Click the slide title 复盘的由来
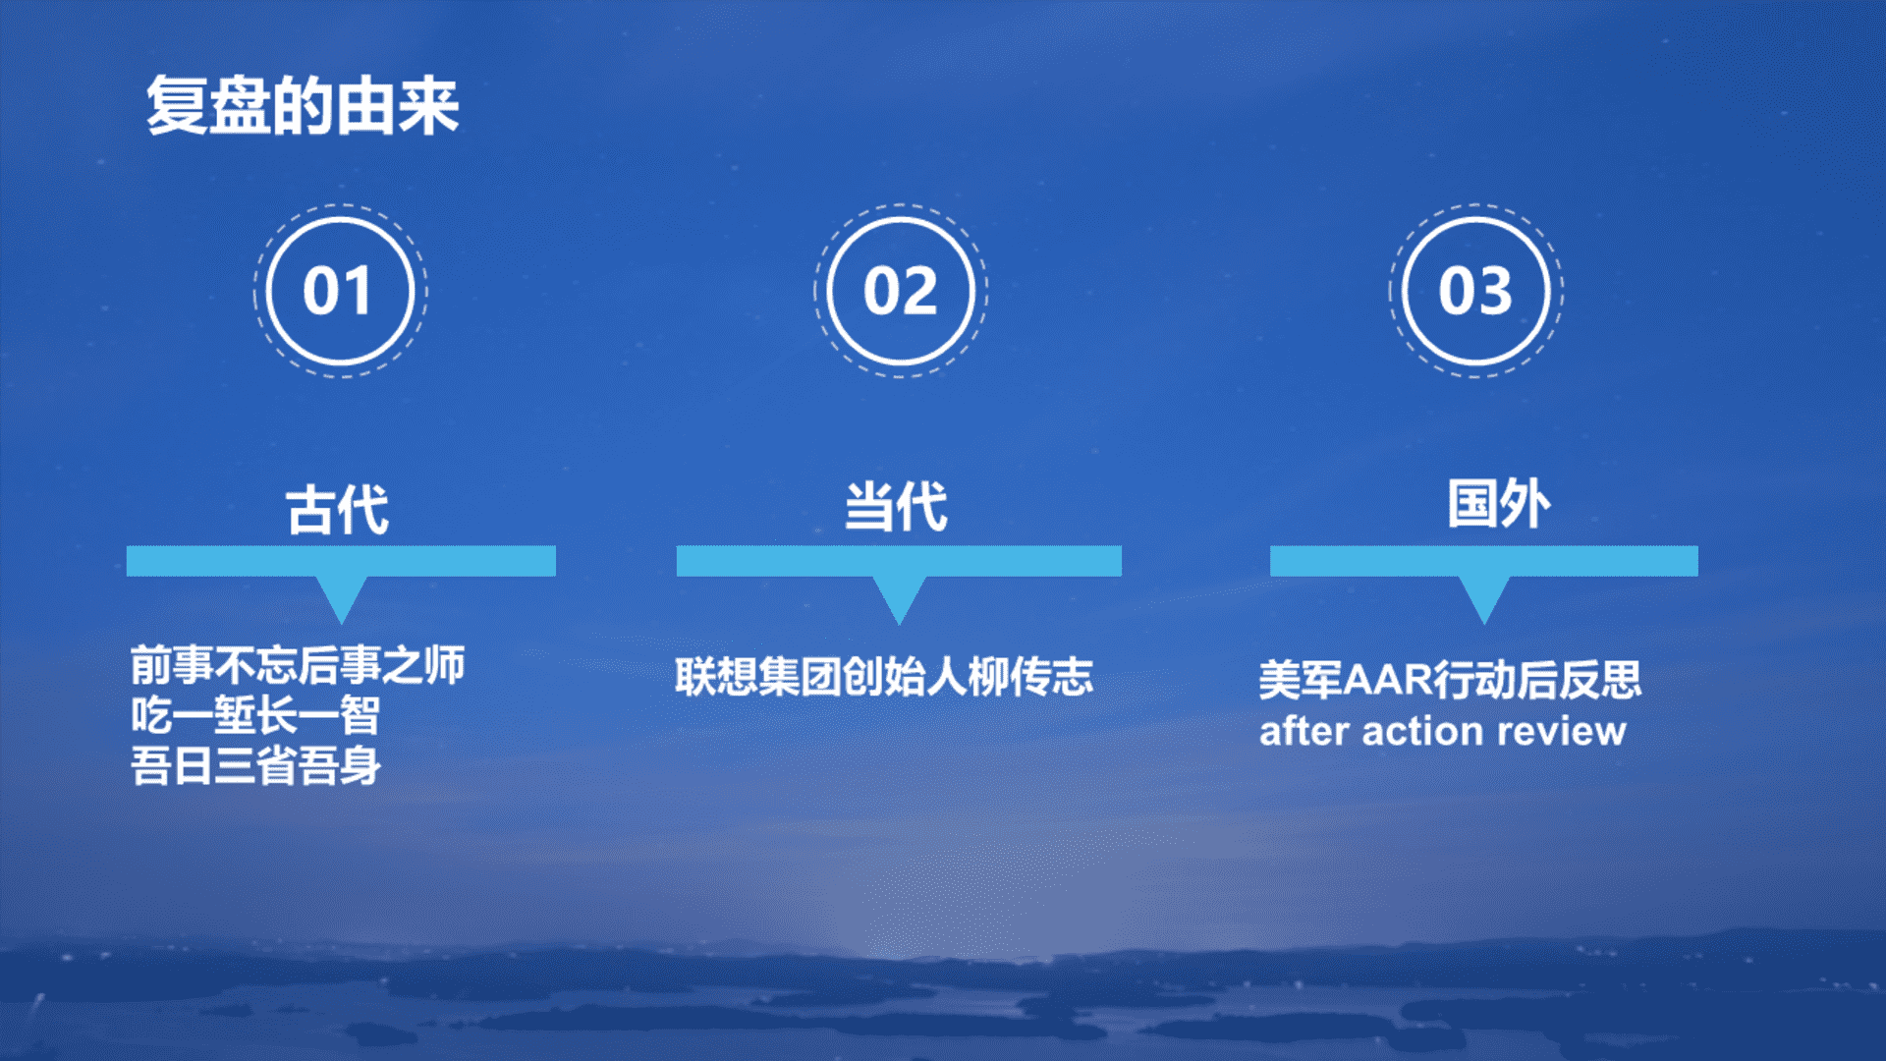pos(303,105)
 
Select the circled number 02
pos(901,291)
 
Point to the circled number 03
pos(1475,291)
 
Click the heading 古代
pos(338,509)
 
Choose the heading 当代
pos(897,506)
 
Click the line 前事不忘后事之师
pos(298,665)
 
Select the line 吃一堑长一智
pos(255,715)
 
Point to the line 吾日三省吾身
pos(255,766)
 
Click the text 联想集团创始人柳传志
pos(884,677)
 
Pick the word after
pos(1304,731)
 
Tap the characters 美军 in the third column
pos(1300,680)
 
